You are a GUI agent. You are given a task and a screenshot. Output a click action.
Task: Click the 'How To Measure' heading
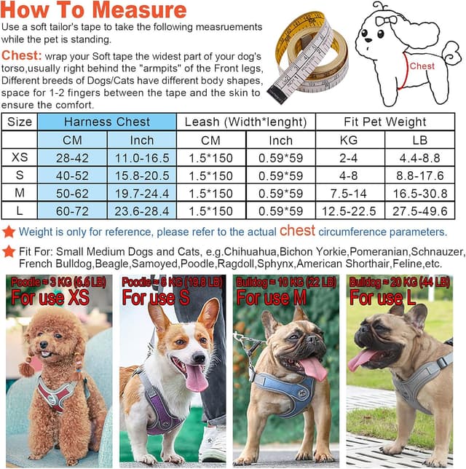point(94,10)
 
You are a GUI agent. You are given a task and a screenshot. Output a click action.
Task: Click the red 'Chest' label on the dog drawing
point(422,66)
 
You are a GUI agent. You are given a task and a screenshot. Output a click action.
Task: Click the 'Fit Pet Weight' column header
point(385,122)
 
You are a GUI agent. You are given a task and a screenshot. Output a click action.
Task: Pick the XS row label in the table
point(20,158)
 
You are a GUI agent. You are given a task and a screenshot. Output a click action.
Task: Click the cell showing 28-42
point(71,158)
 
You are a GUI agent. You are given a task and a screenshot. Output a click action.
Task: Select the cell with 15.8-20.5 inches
point(142,176)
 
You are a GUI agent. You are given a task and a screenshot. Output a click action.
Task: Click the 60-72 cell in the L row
point(71,211)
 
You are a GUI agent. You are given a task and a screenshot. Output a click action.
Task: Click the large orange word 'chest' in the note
point(298,231)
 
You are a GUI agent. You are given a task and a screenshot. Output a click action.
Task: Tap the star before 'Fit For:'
point(9,251)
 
